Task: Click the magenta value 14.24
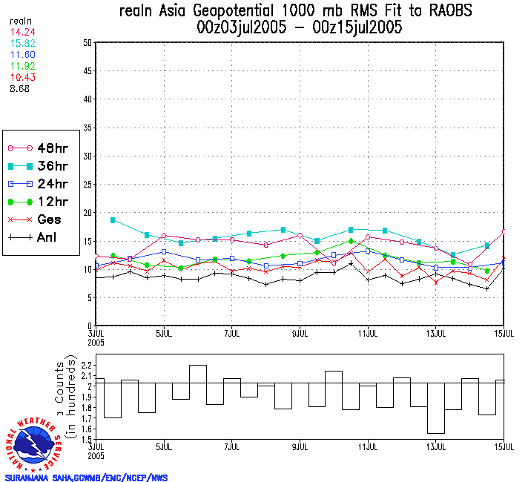coord(23,33)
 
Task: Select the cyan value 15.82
coord(23,44)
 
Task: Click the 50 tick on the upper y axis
coord(88,43)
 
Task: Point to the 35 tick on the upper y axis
coord(88,128)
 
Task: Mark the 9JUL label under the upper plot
coord(300,333)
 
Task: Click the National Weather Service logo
coord(36,443)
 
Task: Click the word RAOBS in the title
coord(444,11)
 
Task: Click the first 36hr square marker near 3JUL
coord(113,220)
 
